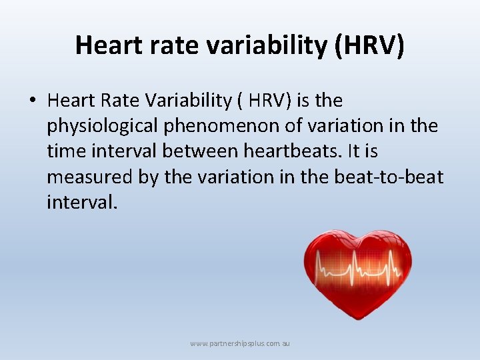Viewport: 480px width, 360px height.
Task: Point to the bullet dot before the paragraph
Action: click(x=32, y=101)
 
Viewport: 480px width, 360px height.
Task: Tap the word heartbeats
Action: click(x=297, y=151)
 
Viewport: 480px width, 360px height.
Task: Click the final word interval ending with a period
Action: click(x=82, y=202)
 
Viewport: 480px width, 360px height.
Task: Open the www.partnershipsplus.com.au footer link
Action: click(x=240, y=344)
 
